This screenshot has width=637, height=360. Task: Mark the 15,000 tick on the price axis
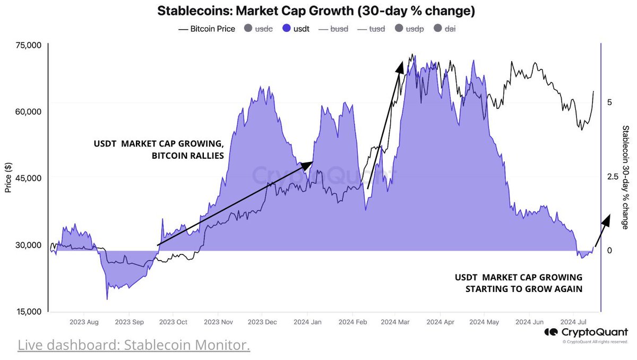point(27,311)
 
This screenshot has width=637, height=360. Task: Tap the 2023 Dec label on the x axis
point(262,322)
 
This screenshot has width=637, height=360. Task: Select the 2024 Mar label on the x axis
point(395,322)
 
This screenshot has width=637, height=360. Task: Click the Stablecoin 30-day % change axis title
point(625,177)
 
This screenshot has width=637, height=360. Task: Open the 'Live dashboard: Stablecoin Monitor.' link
point(134,346)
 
